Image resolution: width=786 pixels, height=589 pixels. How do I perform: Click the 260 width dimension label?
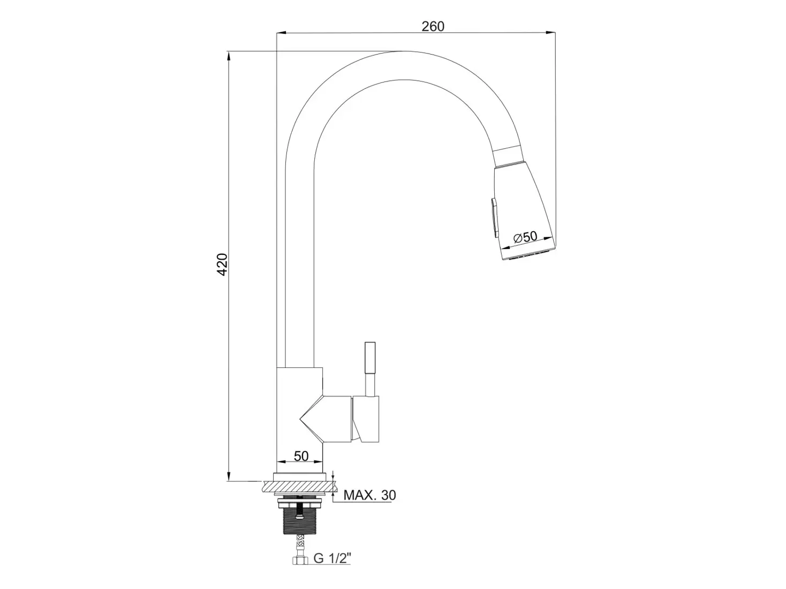point(433,26)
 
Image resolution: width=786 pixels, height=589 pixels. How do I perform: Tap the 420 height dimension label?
point(222,264)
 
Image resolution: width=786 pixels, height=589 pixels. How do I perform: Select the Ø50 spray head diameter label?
point(525,237)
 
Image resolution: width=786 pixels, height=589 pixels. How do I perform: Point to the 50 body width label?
point(301,456)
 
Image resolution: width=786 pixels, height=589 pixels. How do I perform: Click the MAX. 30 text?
point(369,495)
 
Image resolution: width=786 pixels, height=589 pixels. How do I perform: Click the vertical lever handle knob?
point(370,358)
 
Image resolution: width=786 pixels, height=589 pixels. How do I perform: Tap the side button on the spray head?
point(494,218)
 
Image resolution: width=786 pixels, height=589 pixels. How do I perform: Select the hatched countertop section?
point(299,486)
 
